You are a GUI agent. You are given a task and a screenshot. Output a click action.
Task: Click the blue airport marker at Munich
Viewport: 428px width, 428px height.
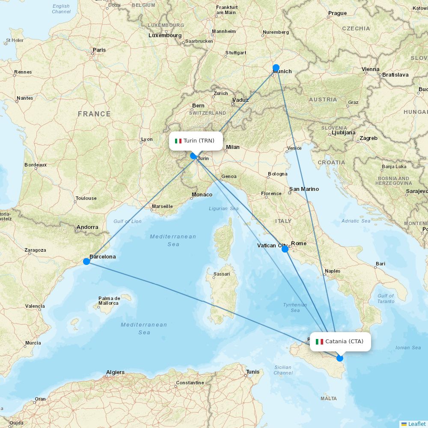276,68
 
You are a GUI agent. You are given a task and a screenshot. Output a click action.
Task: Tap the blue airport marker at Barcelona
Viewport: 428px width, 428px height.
86,261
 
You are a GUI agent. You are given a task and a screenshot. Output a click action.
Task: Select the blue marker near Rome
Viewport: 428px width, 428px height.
285,249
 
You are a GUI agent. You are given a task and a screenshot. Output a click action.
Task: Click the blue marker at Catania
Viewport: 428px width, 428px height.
340,358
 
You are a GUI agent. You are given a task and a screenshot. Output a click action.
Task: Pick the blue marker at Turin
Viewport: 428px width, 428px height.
193,156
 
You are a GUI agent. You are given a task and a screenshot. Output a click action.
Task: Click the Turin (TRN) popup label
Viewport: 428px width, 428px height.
196,141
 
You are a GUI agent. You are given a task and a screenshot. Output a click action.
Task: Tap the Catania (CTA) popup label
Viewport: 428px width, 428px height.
340,342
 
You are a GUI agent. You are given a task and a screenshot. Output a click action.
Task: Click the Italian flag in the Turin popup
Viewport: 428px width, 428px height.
178,141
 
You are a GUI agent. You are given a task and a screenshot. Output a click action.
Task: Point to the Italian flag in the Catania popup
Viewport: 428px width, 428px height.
319,342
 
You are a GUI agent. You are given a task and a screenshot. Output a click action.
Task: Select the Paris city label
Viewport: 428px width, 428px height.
99,50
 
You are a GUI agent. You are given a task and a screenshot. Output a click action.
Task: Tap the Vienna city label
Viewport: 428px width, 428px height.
370,69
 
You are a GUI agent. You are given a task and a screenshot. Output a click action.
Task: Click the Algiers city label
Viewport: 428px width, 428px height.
115,372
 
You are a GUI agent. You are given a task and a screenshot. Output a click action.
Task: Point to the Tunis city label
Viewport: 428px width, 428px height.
253,372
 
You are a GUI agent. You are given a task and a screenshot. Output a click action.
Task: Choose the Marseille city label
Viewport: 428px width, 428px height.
162,206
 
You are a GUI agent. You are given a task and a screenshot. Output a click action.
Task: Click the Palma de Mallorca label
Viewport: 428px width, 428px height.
108,301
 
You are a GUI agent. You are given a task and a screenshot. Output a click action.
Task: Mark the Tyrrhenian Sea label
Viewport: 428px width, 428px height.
295,307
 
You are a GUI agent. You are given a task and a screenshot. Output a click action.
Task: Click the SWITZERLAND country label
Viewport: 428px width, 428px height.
208,113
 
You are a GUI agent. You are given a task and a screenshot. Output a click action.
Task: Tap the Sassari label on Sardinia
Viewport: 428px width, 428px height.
222,274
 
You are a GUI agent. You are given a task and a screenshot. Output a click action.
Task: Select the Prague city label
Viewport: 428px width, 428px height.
337,13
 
